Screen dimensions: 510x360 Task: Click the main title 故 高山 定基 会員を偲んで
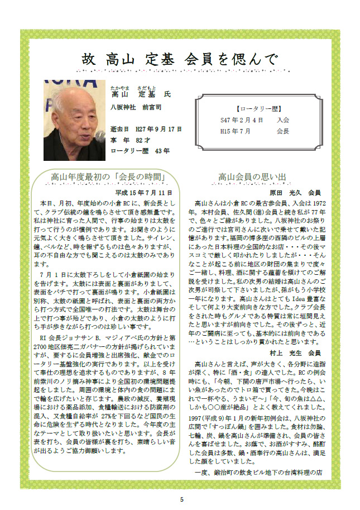point(179,58)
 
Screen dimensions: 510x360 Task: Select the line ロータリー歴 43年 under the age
point(140,150)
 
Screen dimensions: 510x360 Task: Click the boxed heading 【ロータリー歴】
point(258,108)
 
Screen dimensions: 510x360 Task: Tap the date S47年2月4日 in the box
point(241,120)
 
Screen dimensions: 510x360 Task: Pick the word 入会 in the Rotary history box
point(282,120)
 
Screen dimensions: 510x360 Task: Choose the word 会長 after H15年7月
point(282,131)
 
